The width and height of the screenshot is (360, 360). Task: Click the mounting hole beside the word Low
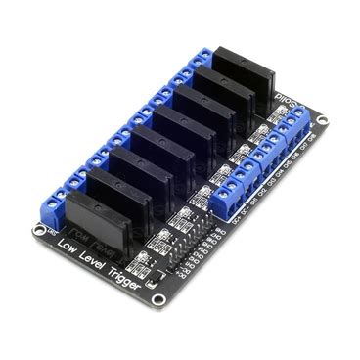(x=39, y=231)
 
